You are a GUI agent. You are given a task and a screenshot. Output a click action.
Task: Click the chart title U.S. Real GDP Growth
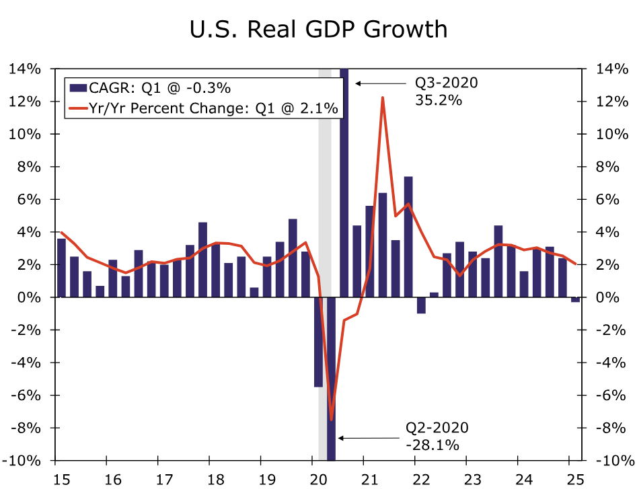click(x=318, y=29)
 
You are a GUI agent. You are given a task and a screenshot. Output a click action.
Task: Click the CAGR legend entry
click(x=147, y=87)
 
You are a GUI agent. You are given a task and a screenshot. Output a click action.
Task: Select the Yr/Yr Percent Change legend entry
click(x=202, y=108)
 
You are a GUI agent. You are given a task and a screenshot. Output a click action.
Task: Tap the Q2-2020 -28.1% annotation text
click(x=437, y=436)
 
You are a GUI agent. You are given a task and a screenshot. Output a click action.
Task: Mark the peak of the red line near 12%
click(x=382, y=98)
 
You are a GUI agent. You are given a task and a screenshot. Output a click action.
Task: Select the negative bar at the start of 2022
click(x=421, y=305)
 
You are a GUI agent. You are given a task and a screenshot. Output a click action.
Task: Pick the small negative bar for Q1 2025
click(x=575, y=300)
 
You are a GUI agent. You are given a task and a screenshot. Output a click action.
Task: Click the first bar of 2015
click(x=61, y=268)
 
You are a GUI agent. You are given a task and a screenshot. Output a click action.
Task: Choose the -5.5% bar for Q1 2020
click(x=318, y=342)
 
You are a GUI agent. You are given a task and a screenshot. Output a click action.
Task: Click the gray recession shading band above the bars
click(x=324, y=168)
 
